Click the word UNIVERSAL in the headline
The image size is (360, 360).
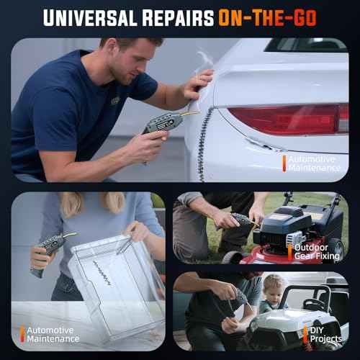[x=90, y=18]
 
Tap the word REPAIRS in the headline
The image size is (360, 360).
[x=178, y=18]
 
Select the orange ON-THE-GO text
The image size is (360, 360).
[x=267, y=18]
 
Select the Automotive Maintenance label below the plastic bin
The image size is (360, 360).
[x=53, y=335]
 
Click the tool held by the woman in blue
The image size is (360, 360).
[x=52, y=252]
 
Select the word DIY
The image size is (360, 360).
[x=317, y=330]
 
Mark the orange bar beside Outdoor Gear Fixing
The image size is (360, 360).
[x=290, y=253]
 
